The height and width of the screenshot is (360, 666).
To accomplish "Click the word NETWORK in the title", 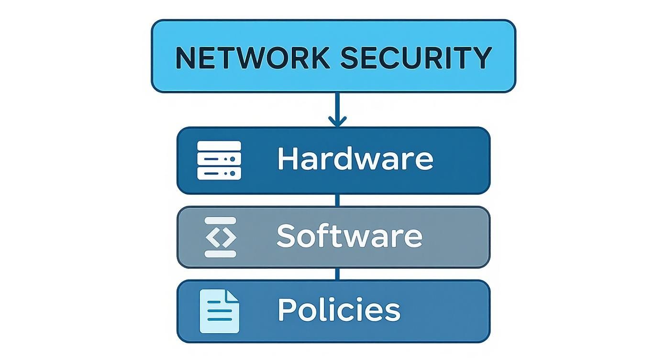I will coord(253,57).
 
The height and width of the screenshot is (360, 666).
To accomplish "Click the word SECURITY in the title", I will coord(416,57).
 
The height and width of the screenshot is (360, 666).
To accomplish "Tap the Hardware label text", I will coord(355,159).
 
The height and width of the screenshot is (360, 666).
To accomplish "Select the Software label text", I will coord(349,236).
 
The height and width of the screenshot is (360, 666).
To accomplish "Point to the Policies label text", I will coord(339,310).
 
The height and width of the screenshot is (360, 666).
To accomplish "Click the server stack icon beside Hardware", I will coord(219,160).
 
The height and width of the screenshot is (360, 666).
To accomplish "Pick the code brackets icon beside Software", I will coord(221,237).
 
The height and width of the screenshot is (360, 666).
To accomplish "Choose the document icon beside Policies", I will coord(219,311).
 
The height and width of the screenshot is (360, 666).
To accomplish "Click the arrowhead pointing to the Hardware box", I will coord(337,121).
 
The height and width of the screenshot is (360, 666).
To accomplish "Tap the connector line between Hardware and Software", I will coord(337,200).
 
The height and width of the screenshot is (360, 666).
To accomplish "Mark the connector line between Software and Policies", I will coord(337,274).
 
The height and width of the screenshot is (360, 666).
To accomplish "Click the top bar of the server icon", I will coord(219,146).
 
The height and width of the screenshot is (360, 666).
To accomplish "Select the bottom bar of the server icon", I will coord(219,173).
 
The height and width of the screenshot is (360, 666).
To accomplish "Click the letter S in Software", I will coord(285,236).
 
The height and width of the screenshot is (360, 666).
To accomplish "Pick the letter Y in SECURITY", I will coord(481,57).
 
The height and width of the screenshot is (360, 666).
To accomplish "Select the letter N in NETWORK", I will coord(186,57).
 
